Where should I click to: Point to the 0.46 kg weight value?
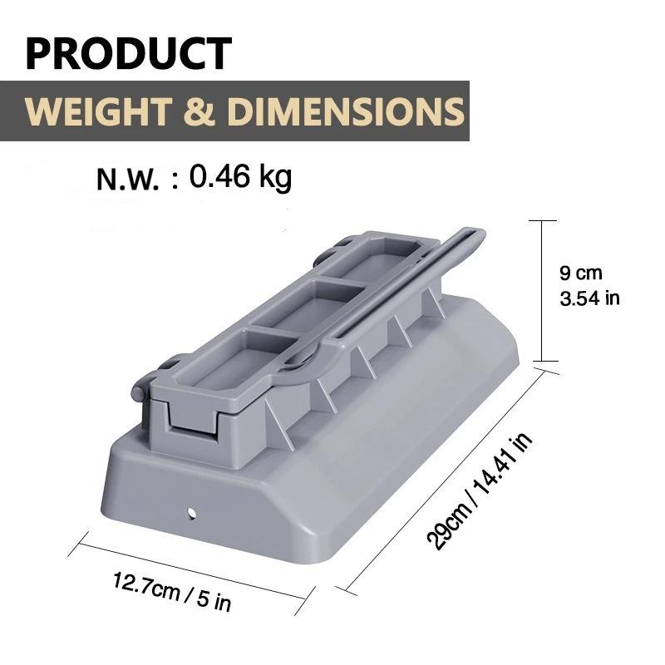pos(240,177)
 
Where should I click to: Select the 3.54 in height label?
pos(589,298)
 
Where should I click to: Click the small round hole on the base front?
pos(193,513)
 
